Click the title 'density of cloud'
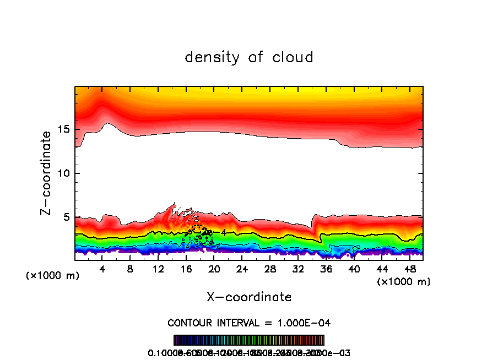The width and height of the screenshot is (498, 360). pyautogui.click(x=249, y=57)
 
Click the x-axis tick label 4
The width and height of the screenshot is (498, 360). pyautogui.click(x=102, y=269)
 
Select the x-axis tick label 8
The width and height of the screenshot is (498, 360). pyautogui.click(x=131, y=269)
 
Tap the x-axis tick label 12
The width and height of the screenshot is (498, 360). pyautogui.click(x=158, y=269)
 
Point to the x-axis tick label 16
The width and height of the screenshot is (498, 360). pyautogui.click(x=186, y=269)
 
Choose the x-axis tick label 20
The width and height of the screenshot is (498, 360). pyautogui.click(x=214, y=269)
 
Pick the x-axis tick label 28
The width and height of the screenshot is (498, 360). pyautogui.click(x=270, y=269)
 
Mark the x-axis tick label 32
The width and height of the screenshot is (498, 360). pyautogui.click(x=298, y=269)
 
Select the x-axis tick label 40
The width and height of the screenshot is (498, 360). pyautogui.click(x=354, y=269)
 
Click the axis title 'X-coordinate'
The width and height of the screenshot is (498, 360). pyautogui.click(x=249, y=297)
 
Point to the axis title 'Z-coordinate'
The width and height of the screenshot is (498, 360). pyautogui.click(x=47, y=173)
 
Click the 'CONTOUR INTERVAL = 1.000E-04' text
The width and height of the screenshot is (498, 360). pyautogui.click(x=249, y=323)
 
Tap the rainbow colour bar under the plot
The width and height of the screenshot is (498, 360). pyautogui.click(x=249, y=340)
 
